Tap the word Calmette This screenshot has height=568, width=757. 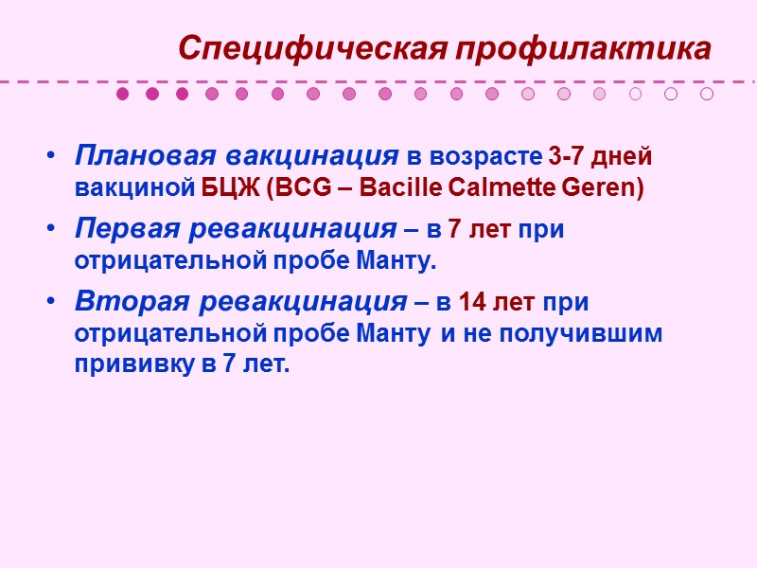[x=484, y=187]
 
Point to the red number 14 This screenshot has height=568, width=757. [x=473, y=303]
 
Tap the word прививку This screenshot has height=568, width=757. [x=134, y=365]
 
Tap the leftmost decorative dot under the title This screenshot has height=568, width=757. [x=122, y=94]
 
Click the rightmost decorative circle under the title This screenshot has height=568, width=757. [x=707, y=94]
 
